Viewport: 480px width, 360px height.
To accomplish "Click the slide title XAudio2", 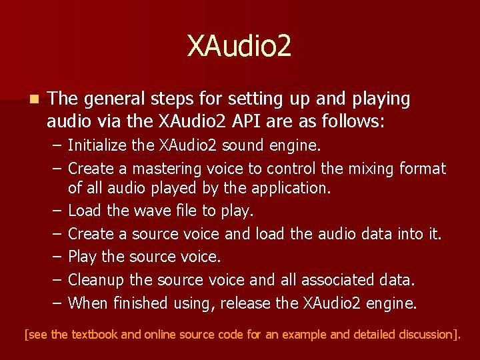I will [x=239, y=47].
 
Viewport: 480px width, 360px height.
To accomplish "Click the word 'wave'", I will [x=152, y=211].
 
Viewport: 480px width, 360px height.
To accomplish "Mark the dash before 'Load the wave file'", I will [x=55, y=211].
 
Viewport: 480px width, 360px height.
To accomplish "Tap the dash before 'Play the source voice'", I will [x=55, y=257].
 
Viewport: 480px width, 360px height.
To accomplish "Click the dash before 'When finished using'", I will [x=55, y=303].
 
